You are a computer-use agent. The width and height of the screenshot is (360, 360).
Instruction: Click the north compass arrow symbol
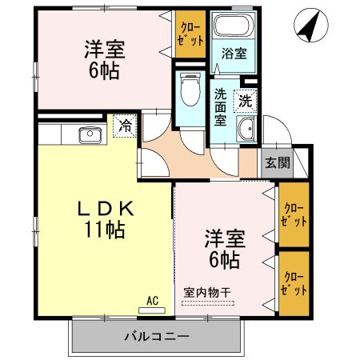(x=309, y=26)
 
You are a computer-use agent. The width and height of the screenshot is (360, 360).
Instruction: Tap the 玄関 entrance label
(x=278, y=162)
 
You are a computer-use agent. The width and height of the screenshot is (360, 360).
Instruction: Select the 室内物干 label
(x=206, y=292)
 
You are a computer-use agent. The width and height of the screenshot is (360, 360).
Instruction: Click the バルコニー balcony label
(x=157, y=334)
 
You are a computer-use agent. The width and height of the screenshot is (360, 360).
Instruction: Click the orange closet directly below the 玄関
(x=292, y=214)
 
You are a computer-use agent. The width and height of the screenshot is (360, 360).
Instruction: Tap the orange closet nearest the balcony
(x=292, y=282)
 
